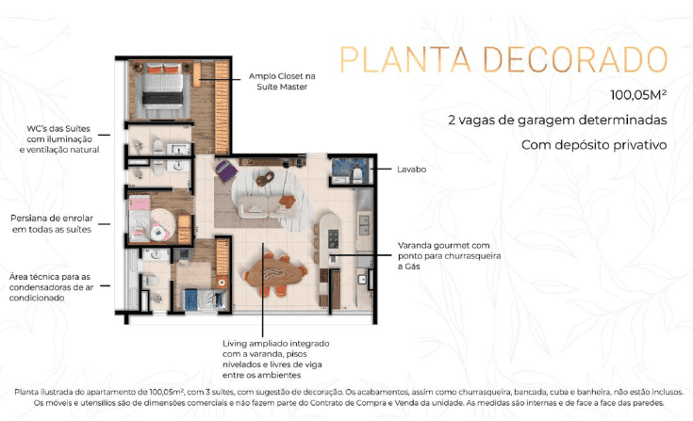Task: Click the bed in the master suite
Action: click(162, 89)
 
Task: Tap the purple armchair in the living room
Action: click(226, 170)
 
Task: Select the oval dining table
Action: click(274, 273)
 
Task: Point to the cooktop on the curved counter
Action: click(333, 238)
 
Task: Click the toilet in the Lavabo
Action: click(357, 175)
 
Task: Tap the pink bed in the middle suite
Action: click(140, 219)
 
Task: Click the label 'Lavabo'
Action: click(411, 169)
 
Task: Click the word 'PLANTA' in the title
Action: click(405, 59)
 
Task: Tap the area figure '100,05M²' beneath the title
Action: click(638, 94)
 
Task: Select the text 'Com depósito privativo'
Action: click(594, 145)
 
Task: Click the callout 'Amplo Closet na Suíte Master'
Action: click(282, 81)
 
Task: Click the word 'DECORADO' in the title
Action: click(575, 59)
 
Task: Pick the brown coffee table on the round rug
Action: click(265, 178)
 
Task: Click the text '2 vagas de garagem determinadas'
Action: click(557, 120)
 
